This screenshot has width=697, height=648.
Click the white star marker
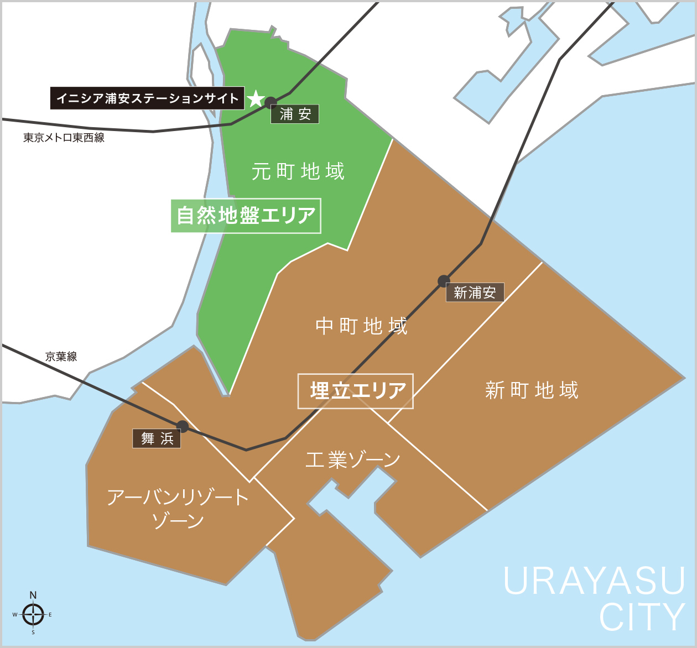pos(256,98)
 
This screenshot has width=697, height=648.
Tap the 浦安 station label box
pos(295,114)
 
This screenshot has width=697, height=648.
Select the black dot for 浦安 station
pos(271,102)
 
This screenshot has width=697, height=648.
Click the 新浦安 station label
pos(475,292)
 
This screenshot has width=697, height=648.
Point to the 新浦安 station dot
pos(444,281)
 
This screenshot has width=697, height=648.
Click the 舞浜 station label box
pos(157,438)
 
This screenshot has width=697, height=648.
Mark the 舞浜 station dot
pos(183,426)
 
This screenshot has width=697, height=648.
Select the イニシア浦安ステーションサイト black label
pos(147,98)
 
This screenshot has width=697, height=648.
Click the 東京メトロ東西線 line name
pos(64,138)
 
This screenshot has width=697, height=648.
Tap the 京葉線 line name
pos(61,357)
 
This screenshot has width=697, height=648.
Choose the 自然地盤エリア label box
pos(246,216)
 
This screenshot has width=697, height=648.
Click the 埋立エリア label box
pos(356,391)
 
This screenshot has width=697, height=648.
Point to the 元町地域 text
pos(298,171)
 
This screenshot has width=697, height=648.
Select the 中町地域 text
pos(361,326)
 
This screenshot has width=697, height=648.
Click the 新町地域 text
pos(532,390)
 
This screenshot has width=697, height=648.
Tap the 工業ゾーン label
pos(353,459)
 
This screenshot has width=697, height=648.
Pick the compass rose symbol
pos(33,614)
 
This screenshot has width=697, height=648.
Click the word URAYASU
pos(594,581)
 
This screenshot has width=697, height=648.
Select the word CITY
pos(642,617)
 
